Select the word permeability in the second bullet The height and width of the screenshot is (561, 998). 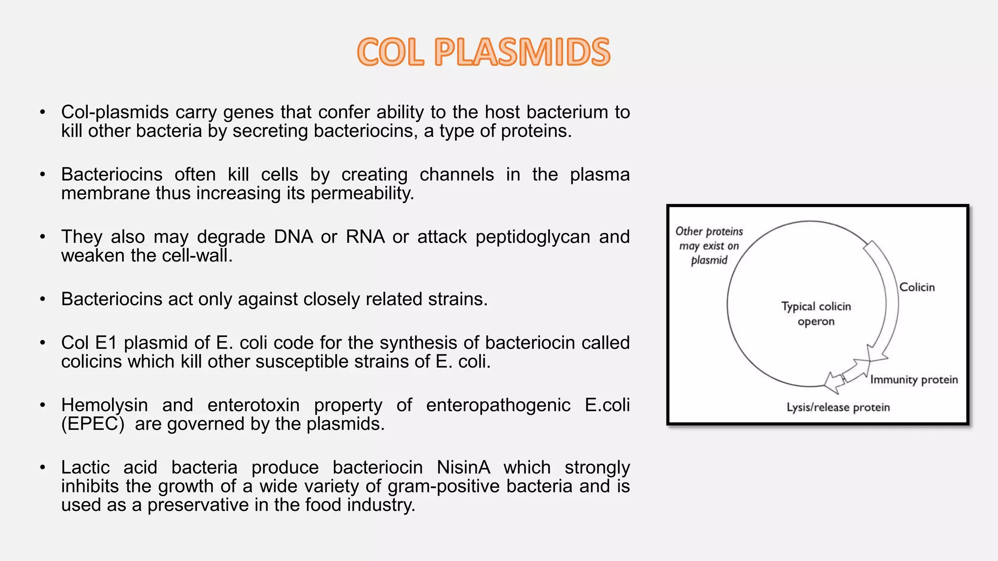point(362,193)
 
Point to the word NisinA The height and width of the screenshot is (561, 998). point(463,467)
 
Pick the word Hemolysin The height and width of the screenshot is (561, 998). point(104,405)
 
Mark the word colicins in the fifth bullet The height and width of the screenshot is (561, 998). point(92,362)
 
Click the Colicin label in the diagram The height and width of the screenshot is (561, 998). point(917,287)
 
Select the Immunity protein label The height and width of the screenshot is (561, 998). point(914,380)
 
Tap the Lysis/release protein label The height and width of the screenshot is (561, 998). point(838,408)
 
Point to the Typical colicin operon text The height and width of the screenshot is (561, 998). point(816,314)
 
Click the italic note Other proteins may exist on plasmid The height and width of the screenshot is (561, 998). point(709,245)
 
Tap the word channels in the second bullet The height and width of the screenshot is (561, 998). point(457,174)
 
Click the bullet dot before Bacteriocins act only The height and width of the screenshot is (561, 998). point(43,299)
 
